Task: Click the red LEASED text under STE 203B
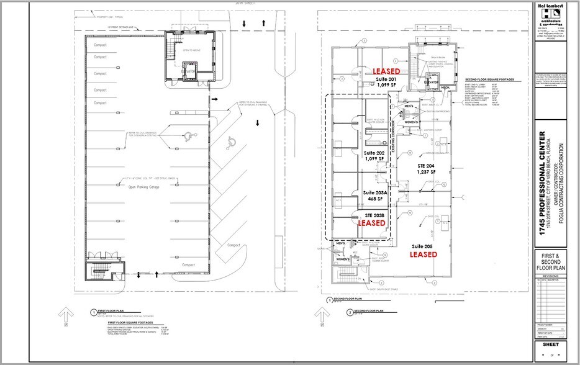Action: click(374, 222)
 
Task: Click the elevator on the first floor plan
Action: click(189, 72)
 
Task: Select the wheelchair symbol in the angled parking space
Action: click(230, 142)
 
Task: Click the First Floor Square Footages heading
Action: click(134, 323)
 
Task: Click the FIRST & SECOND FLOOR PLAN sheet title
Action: click(555, 261)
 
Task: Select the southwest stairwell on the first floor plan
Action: click(98, 269)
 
